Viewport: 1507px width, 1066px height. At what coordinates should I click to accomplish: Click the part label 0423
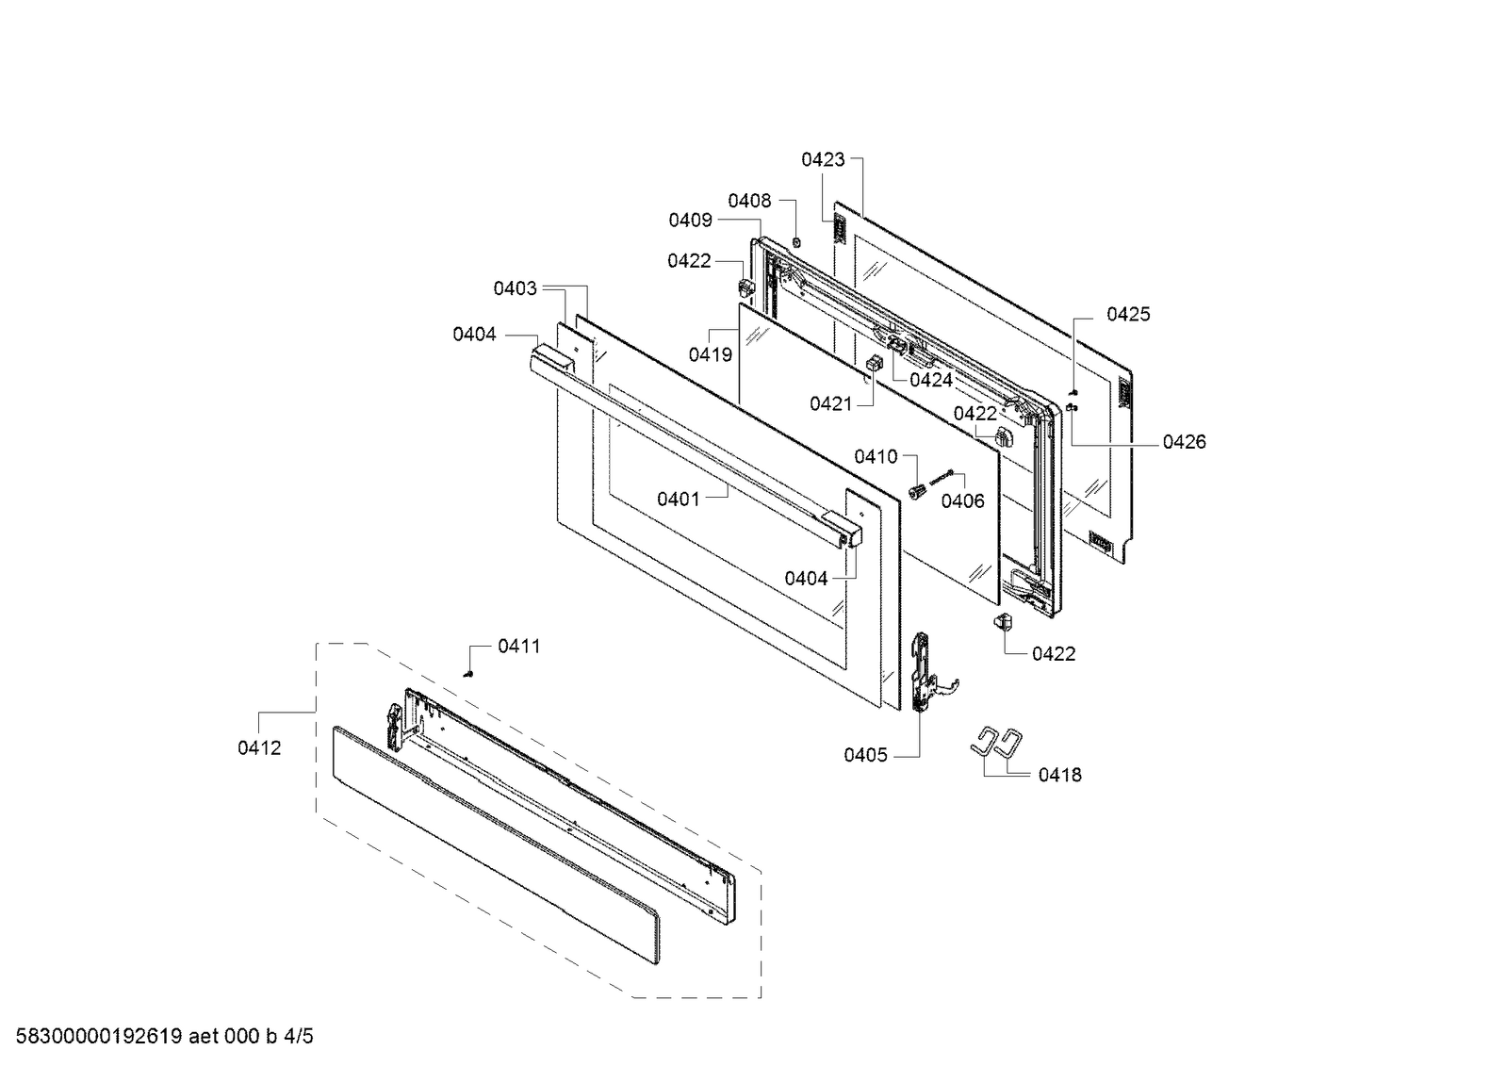[823, 159]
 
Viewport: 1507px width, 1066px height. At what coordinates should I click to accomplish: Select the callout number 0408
[749, 201]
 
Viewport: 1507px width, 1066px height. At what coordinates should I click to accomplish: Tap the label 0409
[690, 220]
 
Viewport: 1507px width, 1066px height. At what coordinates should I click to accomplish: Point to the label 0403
[516, 288]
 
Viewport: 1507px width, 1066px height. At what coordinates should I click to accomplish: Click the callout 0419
[711, 354]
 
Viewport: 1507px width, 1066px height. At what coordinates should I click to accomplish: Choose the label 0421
[831, 403]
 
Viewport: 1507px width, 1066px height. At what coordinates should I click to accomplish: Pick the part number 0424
[931, 380]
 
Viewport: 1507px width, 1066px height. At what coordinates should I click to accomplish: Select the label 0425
[1129, 314]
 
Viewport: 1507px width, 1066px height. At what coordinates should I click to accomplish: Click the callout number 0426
[1185, 441]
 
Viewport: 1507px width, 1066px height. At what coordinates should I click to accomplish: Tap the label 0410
[876, 457]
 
